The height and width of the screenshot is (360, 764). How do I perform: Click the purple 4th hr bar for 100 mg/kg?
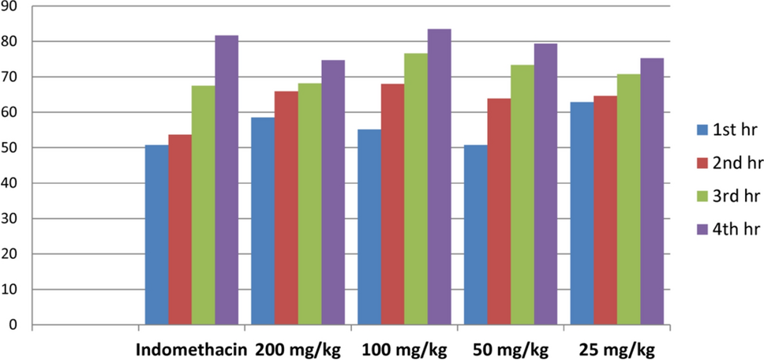click(x=439, y=177)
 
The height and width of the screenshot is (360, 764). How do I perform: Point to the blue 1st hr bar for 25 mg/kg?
click(x=582, y=213)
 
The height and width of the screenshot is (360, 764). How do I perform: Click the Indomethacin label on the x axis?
click(x=187, y=348)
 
